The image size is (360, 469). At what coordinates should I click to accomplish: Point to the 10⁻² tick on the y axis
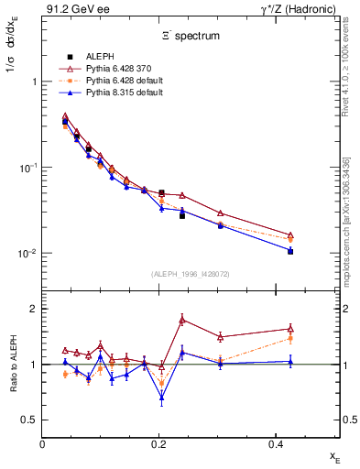[27, 254]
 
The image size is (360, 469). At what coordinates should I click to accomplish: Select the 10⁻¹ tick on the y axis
[27, 168]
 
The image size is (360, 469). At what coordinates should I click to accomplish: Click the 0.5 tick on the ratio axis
[29, 420]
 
